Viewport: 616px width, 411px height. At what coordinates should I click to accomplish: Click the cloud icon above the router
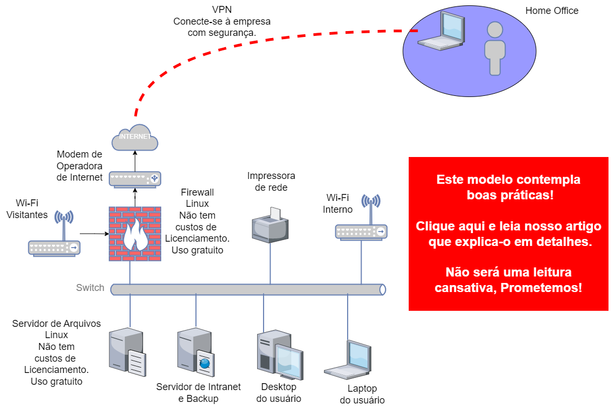[x=134, y=138]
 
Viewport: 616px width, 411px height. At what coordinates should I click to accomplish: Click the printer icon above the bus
[x=270, y=226]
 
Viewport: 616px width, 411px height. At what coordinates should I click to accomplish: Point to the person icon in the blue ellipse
[x=494, y=48]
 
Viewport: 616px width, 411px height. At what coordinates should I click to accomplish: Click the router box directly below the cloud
[x=134, y=178]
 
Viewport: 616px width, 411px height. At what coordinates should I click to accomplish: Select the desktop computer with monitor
[x=279, y=354]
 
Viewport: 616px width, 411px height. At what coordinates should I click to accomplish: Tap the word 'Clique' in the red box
[x=433, y=226]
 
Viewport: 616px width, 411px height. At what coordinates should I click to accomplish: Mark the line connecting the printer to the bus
[x=270, y=264]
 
